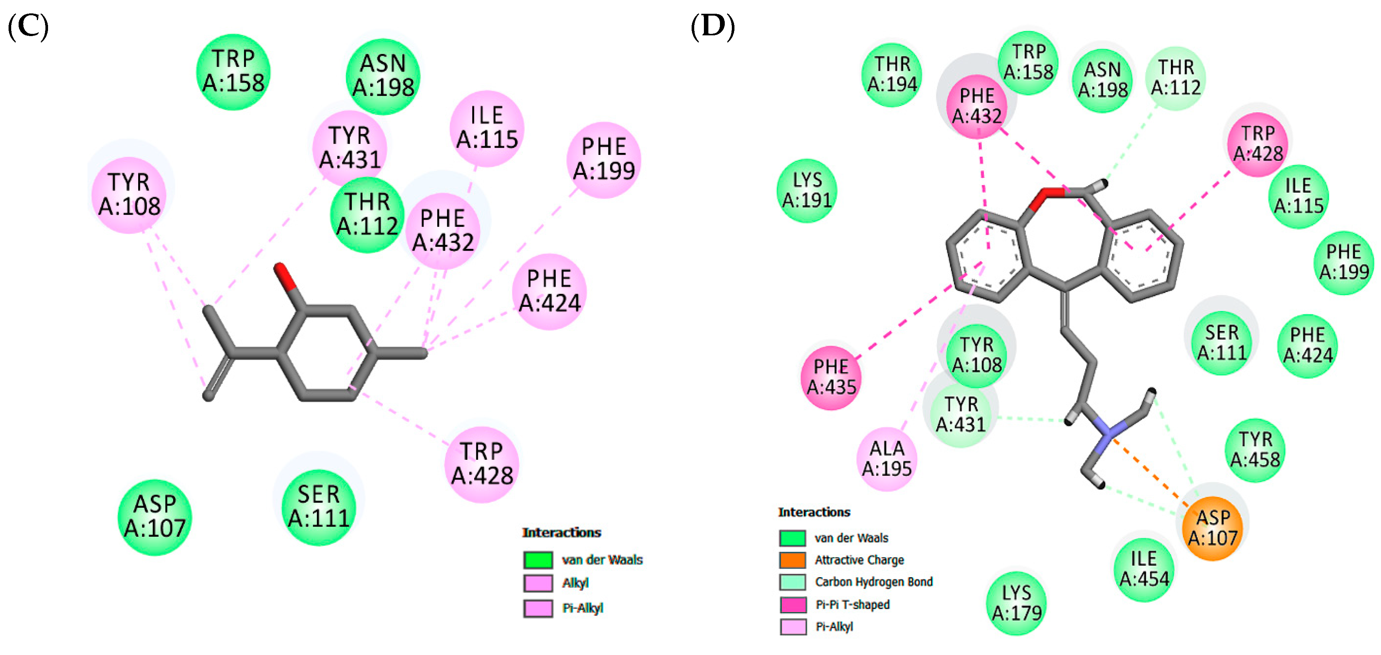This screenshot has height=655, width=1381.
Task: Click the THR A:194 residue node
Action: point(892,74)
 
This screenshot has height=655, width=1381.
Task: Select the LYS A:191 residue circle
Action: point(806,190)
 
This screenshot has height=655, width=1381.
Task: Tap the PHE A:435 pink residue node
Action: point(831,377)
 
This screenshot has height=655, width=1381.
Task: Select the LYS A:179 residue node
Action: point(1016,603)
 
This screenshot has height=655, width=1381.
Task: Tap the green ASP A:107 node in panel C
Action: point(155,517)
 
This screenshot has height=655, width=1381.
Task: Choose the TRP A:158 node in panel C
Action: point(233,72)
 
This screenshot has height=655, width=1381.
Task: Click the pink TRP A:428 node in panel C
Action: point(482,464)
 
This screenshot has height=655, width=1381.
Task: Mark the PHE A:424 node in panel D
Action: point(1307,346)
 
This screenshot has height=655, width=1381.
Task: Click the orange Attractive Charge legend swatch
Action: point(792,560)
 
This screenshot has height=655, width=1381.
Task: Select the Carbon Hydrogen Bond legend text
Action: point(873,582)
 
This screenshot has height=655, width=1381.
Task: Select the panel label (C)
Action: point(28,27)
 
